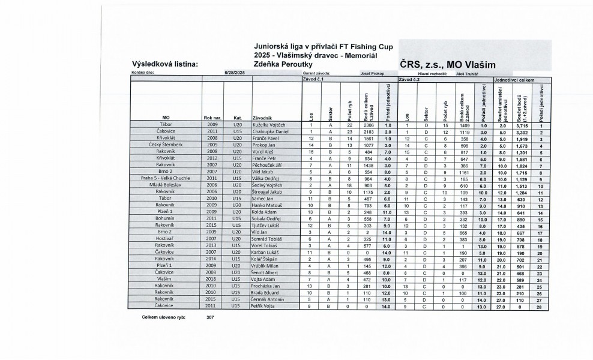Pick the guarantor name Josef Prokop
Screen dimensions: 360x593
372,73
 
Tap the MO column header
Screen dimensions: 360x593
165,118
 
